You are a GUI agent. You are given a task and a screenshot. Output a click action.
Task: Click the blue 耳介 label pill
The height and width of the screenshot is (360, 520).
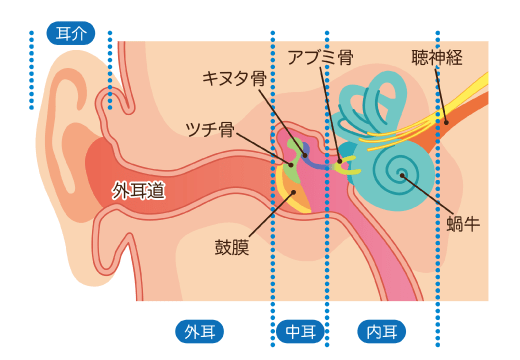[x=69, y=34]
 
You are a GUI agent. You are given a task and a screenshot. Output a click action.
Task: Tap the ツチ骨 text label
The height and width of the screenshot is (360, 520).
[x=211, y=129]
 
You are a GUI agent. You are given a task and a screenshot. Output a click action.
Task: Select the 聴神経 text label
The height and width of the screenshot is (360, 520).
[x=437, y=58]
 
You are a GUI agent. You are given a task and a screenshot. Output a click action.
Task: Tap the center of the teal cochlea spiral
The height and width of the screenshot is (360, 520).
[x=402, y=177]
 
